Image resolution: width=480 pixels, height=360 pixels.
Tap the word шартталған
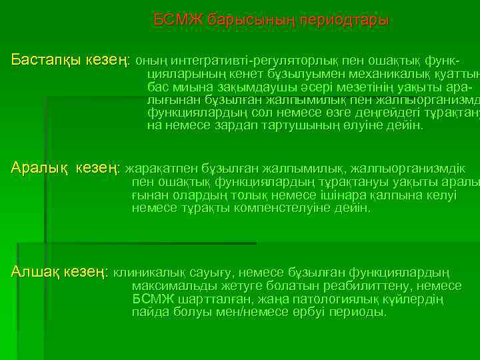(x=206, y=299)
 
